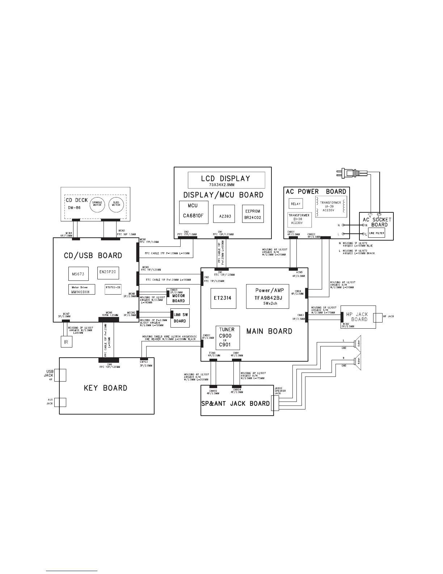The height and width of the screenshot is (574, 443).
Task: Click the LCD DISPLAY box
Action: (x=226, y=180)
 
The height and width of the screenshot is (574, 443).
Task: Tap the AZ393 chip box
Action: (x=224, y=214)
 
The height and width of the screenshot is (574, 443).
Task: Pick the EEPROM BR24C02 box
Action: (x=253, y=214)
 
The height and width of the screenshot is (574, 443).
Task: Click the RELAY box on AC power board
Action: (x=296, y=204)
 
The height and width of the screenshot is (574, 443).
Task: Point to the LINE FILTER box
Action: (x=377, y=233)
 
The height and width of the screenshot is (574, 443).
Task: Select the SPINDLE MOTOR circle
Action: (x=97, y=204)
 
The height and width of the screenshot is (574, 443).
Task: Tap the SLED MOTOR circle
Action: (x=116, y=204)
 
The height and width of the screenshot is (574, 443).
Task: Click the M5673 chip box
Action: (x=78, y=274)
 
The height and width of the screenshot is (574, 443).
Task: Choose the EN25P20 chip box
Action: (x=108, y=271)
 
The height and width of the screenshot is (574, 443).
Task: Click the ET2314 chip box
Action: (x=222, y=298)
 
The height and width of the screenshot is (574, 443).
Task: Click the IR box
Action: (x=66, y=342)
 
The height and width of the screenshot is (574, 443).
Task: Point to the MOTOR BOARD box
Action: (x=178, y=297)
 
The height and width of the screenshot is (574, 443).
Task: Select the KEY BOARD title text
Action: (x=106, y=388)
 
